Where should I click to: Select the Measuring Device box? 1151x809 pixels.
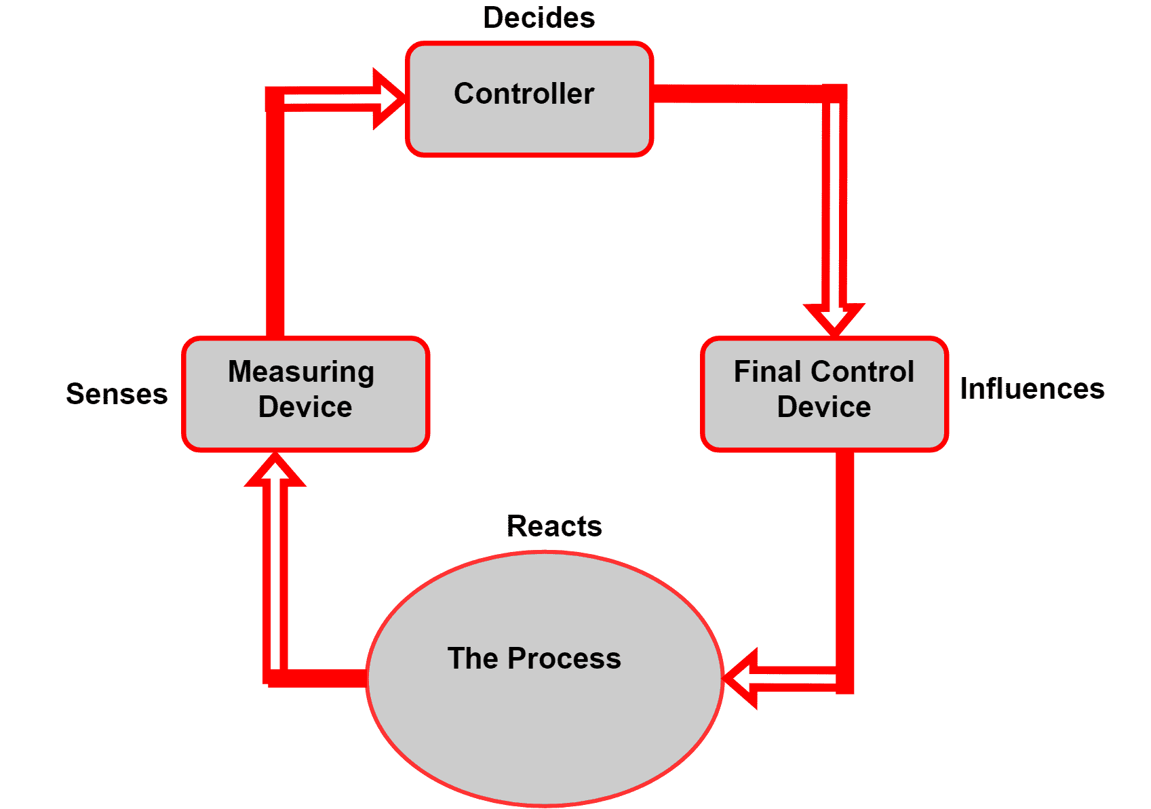(x=305, y=394)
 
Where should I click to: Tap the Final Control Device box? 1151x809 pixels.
(x=823, y=394)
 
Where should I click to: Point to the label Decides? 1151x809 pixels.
(x=539, y=18)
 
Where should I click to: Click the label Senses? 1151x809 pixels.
(x=117, y=394)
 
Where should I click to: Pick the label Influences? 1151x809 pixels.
(x=1032, y=389)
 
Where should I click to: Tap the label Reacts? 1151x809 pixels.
(x=554, y=526)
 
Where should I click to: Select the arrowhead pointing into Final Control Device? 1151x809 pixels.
(x=834, y=318)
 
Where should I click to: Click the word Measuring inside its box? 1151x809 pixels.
(x=300, y=372)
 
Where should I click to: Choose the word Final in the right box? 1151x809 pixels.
(x=766, y=372)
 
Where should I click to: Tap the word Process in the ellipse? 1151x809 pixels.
(x=564, y=658)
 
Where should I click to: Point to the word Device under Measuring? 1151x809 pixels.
(x=305, y=407)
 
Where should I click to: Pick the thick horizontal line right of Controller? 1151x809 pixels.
(x=739, y=93)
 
